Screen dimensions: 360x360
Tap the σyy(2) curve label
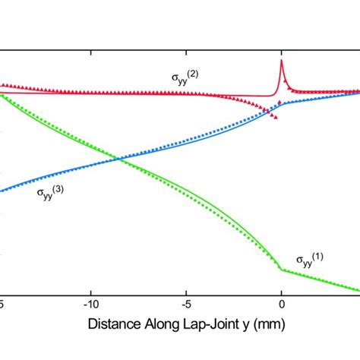point(185,77)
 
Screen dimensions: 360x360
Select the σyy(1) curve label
point(309,261)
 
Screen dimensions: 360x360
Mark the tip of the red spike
point(282,60)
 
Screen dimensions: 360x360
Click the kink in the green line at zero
point(281,269)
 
